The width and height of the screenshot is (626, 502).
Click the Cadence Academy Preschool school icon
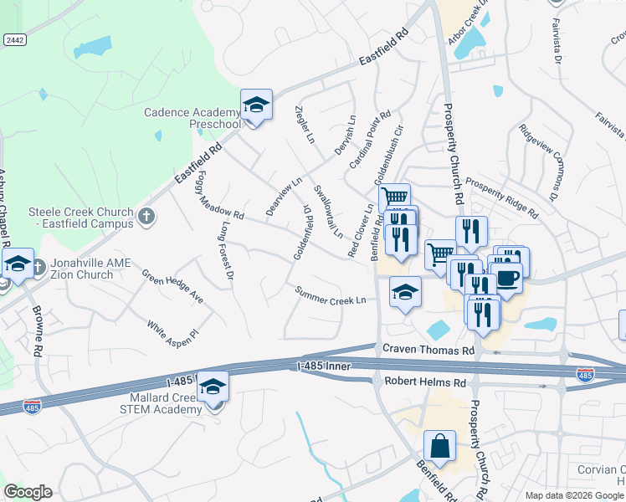click(x=257, y=105)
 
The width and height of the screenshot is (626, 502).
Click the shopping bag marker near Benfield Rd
click(x=439, y=446)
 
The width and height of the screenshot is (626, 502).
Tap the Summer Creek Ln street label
click(x=330, y=295)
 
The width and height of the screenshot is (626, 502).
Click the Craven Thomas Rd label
click(x=428, y=349)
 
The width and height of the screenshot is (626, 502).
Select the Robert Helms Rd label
click(x=424, y=382)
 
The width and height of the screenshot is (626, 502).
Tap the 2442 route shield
click(x=13, y=39)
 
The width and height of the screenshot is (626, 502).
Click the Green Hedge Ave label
click(x=172, y=285)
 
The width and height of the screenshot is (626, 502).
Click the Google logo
click(x=28, y=492)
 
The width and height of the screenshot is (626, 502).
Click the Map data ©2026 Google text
click(x=574, y=495)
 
